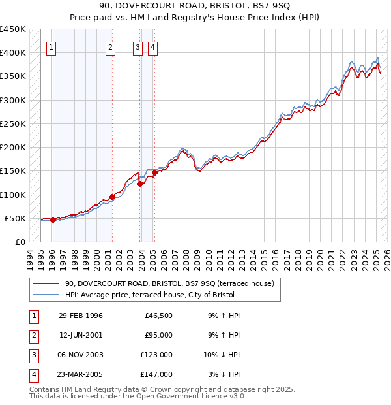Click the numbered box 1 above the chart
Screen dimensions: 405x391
coord(51,46)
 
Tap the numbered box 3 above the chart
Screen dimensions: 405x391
coord(138,46)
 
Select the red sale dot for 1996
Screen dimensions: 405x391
coord(53,220)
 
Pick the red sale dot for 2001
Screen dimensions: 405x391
coord(112,197)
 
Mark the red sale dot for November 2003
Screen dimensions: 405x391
coord(140,184)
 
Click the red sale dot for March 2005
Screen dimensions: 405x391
coord(155,172)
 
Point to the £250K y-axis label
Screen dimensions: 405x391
coord(13,123)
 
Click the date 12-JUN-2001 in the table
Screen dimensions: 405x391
coord(80,335)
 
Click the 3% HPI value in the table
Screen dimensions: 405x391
coord(212,374)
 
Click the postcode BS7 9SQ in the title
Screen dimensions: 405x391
coord(194,7)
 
